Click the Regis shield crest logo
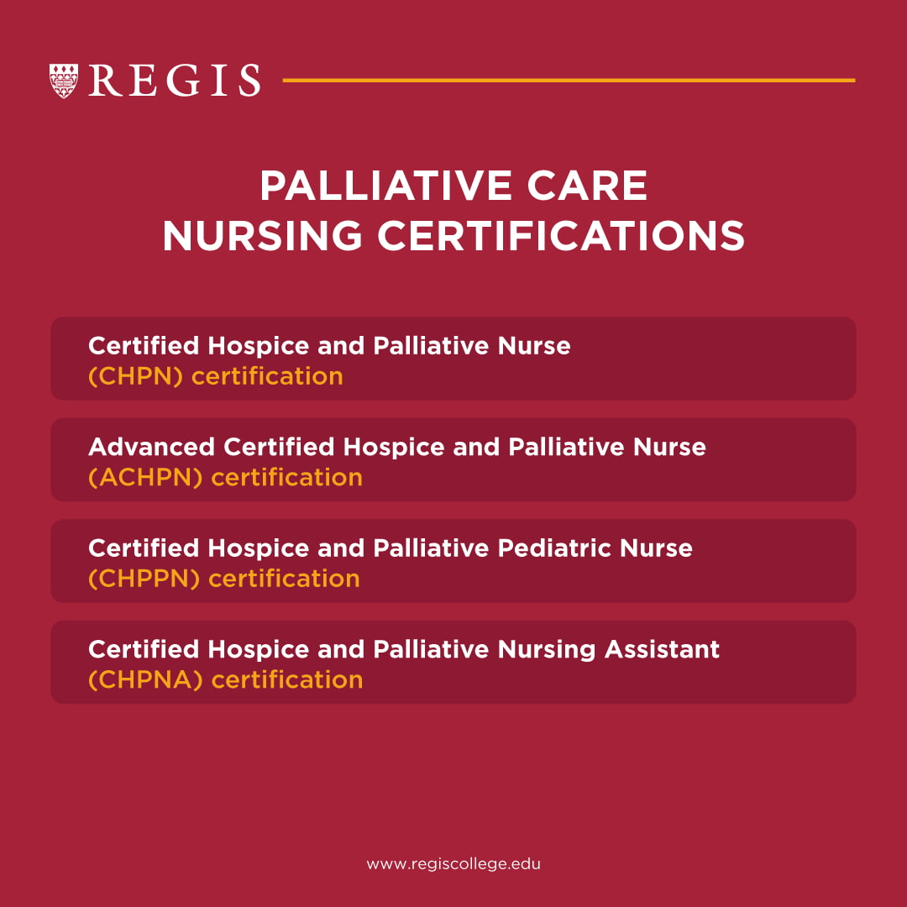64,81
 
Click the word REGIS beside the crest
175,81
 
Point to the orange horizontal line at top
569,81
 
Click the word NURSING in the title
264,236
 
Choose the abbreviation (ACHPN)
145,478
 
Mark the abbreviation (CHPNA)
145,679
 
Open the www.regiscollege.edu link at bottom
453,864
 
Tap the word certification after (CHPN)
267,376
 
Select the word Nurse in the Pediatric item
657,548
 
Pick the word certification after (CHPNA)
287,679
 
